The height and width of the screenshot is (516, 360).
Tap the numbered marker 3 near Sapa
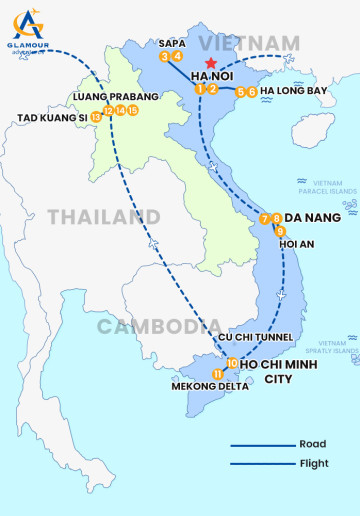(164, 57)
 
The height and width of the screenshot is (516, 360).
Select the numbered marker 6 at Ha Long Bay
(252, 92)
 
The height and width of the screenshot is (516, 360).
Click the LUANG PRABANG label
(116, 97)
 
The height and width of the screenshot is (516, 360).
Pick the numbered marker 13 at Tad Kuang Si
(96, 117)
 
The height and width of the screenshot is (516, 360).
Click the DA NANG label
(313, 217)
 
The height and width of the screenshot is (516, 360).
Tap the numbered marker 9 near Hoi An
(281, 231)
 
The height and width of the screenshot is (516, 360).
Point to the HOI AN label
(302, 243)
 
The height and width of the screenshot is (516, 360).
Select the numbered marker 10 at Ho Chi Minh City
(232, 363)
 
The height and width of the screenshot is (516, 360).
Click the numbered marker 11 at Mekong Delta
(218, 374)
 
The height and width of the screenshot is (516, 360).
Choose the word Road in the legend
(312, 444)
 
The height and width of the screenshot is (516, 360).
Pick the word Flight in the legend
(314, 463)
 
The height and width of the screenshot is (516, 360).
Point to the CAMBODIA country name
(160, 325)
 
